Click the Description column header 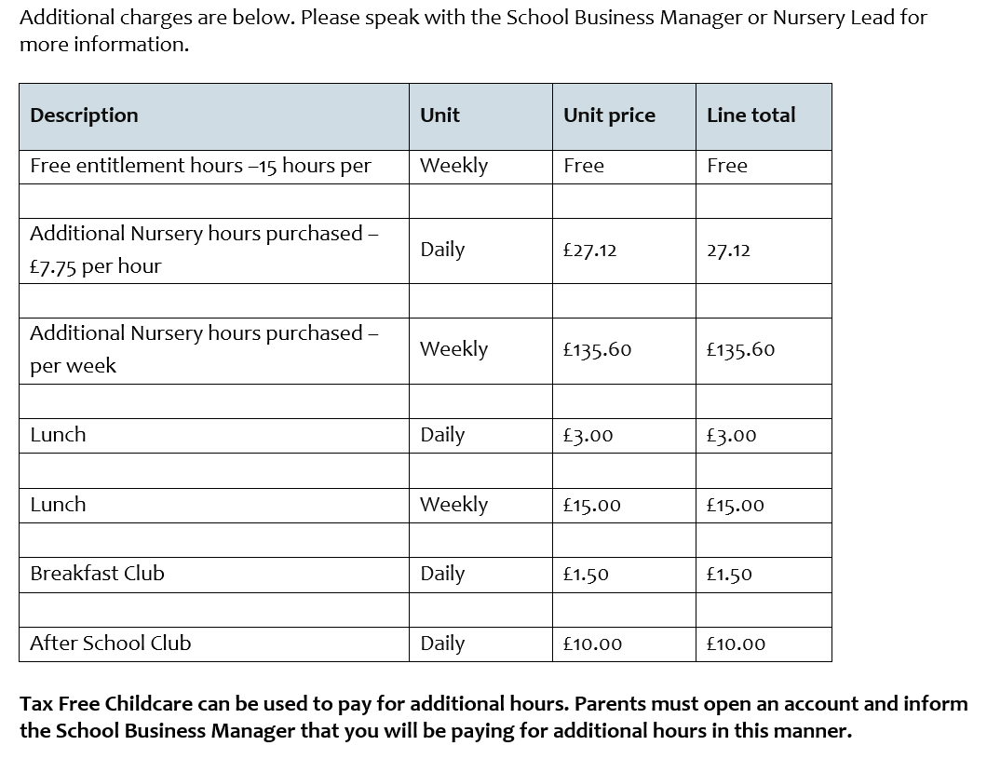click(x=84, y=115)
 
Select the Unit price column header click(x=609, y=115)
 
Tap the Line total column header click(x=750, y=115)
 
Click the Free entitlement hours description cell click(x=200, y=166)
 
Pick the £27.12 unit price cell click(x=589, y=251)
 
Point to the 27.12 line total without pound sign click(x=728, y=251)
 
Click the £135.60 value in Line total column click(x=740, y=350)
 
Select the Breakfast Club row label click(x=97, y=574)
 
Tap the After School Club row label click(x=110, y=644)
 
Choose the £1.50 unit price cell click(x=586, y=575)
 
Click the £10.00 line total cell click(x=736, y=644)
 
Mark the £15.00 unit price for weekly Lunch click(x=591, y=506)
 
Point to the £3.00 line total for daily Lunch click(x=731, y=436)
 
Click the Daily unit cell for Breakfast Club click(x=442, y=574)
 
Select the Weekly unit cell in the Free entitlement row click(x=453, y=166)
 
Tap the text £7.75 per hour click(x=95, y=266)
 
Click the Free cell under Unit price click(x=584, y=166)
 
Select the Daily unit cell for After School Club click(x=442, y=644)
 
